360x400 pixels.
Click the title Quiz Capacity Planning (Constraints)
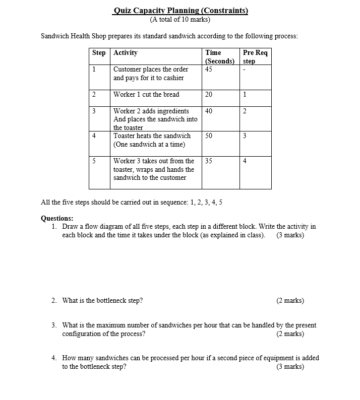tap(181, 11)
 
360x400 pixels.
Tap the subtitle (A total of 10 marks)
tap(180, 20)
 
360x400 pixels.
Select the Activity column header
tap(126, 52)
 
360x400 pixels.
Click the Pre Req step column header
tap(255, 56)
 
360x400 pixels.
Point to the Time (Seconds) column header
tap(219, 56)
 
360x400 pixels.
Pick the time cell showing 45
tap(209, 70)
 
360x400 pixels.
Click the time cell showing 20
tap(209, 94)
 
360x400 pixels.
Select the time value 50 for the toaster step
tap(209, 136)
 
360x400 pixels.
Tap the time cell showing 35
tap(209, 161)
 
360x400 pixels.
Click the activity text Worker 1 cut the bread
tap(146, 94)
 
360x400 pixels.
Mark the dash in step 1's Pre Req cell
tap(244, 70)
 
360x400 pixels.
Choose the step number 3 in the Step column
tap(94, 111)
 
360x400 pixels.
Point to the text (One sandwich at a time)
tap(149, 144)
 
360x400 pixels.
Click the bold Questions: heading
tap(56, 218)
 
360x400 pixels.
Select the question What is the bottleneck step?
tap(102, 301)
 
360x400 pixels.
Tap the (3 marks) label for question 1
tap(290, 235)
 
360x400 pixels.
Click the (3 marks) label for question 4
tap(290, 366)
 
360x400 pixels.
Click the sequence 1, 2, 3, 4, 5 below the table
tap(206, 203)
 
